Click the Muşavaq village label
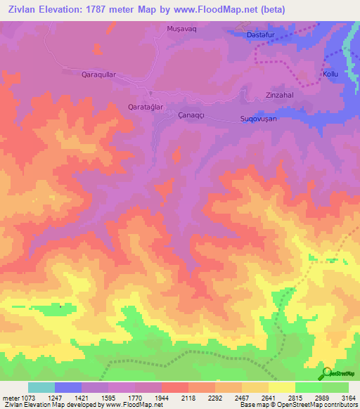(179, 28)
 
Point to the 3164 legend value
(347, 398)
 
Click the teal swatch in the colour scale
(41, 387)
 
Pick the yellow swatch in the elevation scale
(281, 387)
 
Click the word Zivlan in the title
(25, 9)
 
